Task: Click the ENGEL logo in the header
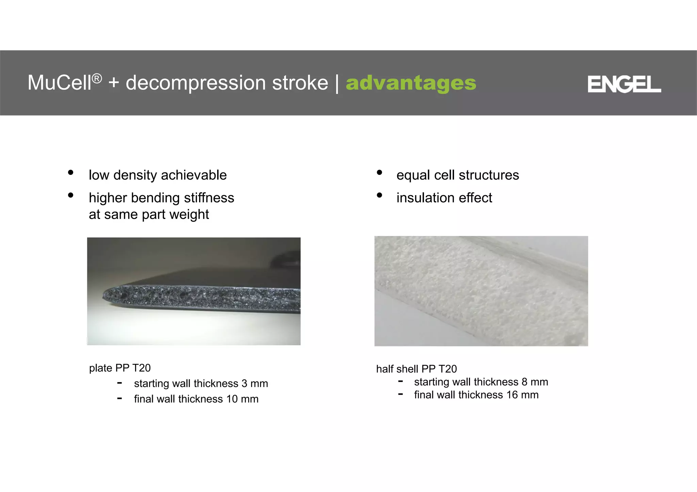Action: click(x=624, y=84)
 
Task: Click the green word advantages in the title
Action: click(x=411, y=83)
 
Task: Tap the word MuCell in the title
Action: click(x=59, y=83)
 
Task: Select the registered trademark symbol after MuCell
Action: click(x=97, y=79)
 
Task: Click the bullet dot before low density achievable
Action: click(x=71, y=172)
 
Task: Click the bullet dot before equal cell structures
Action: click(x=379, y=172)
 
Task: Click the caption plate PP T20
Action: click(x=120, y=368)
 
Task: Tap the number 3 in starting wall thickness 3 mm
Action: click(x=244, y=384)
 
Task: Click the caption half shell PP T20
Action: click(x=416, y=369)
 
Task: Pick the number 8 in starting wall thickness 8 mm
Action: click(x=524, y=382)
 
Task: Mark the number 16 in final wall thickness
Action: click(x=512, y=395)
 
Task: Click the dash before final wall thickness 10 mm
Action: click(x=119, y=398)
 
